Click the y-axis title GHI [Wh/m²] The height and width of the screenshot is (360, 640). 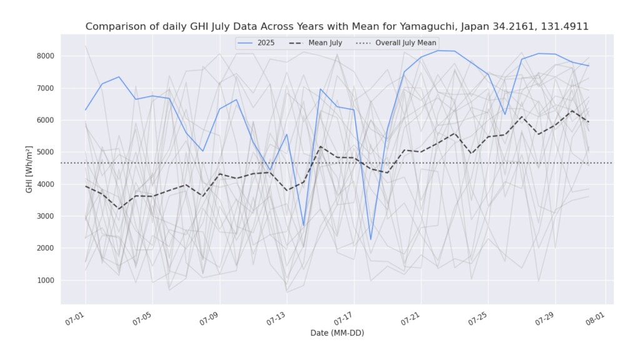[29, 169]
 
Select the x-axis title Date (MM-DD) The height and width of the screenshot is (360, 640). [337, 333]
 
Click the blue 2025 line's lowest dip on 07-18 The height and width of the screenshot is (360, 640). [371, 239]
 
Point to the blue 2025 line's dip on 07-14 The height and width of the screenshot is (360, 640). [304, 226]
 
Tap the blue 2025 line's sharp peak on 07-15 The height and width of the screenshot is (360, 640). [321, 89]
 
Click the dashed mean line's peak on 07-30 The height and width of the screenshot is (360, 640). [572, 111]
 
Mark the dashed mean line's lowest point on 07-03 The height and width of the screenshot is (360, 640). [119, 209]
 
